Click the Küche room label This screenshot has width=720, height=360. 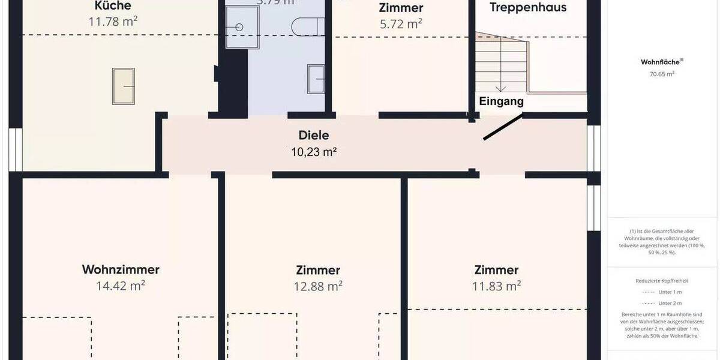[113, 7]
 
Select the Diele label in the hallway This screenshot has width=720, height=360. [314, 136]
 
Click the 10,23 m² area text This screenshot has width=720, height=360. [314, 152]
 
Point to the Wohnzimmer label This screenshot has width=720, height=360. [121, 269]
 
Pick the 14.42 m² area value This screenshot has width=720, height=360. [121, 286]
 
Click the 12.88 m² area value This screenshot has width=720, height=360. [318, 286]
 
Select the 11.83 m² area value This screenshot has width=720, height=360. [496, 286]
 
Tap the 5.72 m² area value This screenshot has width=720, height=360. [401, 24]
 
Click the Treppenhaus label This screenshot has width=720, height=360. [528, 8]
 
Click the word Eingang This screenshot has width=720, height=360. [501, 101]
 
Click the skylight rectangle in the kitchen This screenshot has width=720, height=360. [123, 86]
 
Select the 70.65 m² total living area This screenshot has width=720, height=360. [662, 74]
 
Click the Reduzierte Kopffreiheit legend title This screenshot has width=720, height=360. [662, 281]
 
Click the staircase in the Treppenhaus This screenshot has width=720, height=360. [501, 66]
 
